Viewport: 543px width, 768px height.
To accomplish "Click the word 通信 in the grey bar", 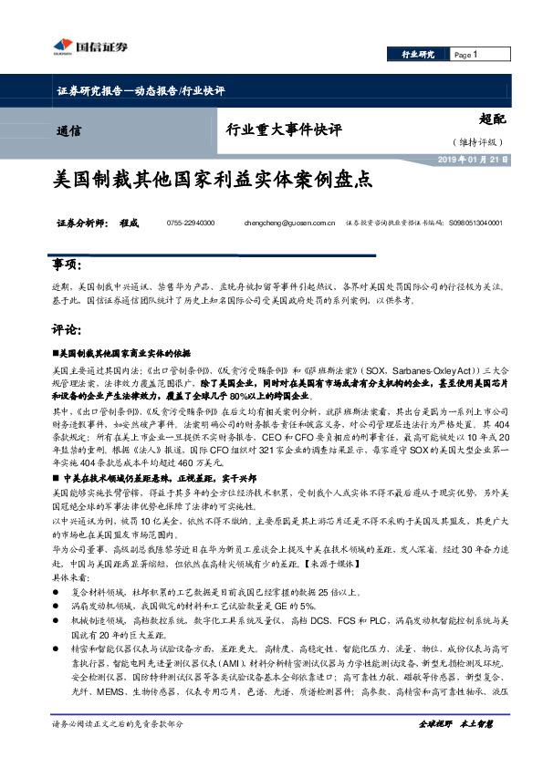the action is tap(68, 130).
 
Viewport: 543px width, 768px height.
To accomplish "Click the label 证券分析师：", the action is tap(83, 223).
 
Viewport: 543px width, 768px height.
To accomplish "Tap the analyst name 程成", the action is tap(127, 223).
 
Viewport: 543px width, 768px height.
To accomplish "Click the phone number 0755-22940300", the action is tap(191, 223).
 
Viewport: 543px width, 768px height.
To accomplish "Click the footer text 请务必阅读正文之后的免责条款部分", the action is tap(118, 750).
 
